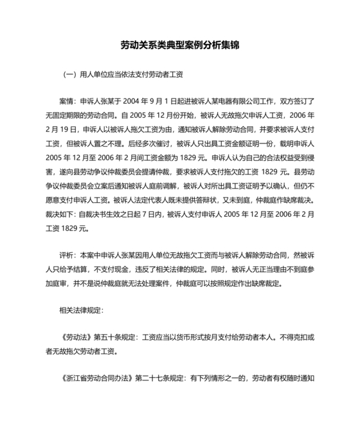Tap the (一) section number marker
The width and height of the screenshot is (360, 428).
point(71,75)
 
